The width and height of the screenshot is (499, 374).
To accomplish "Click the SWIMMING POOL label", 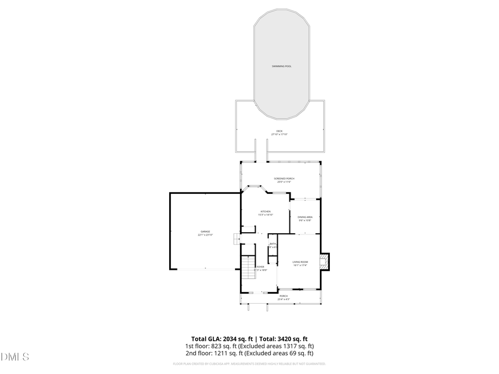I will pyautogui.click(x=281, y=66).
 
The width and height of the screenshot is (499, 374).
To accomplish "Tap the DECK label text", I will pyautogui.click(x=279, y=131).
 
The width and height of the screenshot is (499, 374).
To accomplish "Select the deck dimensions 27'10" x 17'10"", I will pyautogui.click(x=279, y=135).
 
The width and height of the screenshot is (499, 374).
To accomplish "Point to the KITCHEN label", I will pyautogui.click(x=266, y=212).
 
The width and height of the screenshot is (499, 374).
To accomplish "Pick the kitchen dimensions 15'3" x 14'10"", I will pyautogui.click(x=266, y=215).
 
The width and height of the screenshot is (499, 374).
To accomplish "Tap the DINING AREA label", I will pyautogui.click(x=305, y=217).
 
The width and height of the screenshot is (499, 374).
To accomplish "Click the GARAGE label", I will pyautogui.click(x=205, y=232).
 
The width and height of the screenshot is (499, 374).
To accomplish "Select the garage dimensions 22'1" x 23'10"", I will pyautogui.click(x=205, y=235).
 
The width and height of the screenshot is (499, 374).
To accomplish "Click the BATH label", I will pyautogui.click(x=273, y=244).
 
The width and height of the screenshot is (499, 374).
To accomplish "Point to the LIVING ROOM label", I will pyautogui.click(x=300, y=262).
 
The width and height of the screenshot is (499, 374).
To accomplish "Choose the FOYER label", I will pyautogui.click(x=261, y=267).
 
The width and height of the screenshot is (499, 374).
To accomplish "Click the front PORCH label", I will pyautogui.click(x=283, y=296).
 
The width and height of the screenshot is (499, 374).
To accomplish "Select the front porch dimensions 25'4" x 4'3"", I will pyautogui.click(x=283, y=299).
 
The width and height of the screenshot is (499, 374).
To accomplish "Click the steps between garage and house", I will pyautogui.click(x=236, y=238).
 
